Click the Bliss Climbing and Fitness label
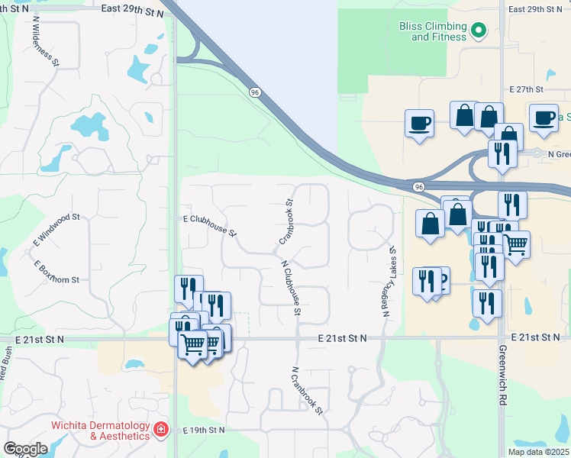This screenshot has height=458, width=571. click(x=433, y=31)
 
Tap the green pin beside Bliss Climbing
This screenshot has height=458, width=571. click(x=479, y=31)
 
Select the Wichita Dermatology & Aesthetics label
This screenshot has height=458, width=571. click(x=99, y=430)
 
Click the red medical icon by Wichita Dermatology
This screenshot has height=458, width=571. click(x=161, y=430)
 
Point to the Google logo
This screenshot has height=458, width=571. click(x=25, y=449)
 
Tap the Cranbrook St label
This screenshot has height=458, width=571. click(x=286, y=222)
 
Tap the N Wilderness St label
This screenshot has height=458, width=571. click(x=46, y=42)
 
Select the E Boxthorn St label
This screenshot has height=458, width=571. click(x=56, y=271)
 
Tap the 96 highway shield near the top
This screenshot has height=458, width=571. click(x=253, y=92)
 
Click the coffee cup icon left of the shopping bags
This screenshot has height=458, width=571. click(x=419, y=122)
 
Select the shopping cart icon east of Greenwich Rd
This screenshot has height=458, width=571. click(x=517, y=244)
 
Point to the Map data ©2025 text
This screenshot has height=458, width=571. click(x=538, y=452)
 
